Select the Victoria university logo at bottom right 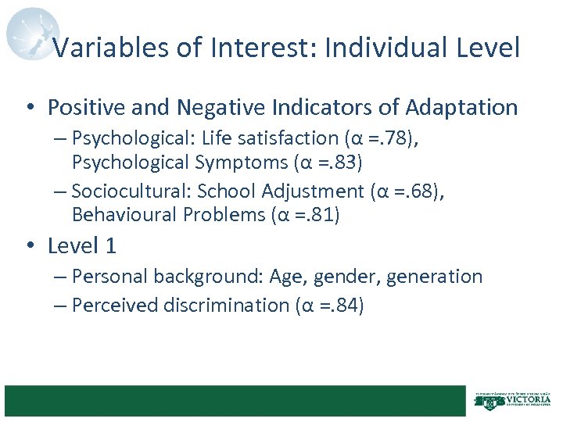pyautogui.click(x=513, y=400)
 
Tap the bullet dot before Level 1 pyautogui.click(x=30, y=246)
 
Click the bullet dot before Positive pyautogui.click(x=30, y=107)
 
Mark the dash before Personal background pyautogui.click(x=62, y=277)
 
